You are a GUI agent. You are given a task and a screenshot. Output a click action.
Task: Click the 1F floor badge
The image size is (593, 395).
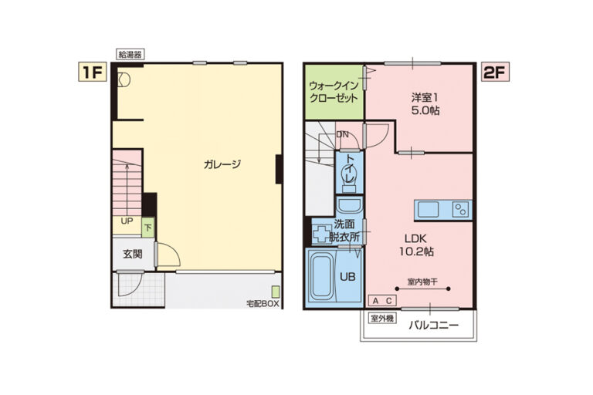[93, 72]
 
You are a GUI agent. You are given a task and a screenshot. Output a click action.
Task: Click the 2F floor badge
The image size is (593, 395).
[495, 72]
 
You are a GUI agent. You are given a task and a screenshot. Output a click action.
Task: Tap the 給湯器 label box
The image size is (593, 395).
[130, 55]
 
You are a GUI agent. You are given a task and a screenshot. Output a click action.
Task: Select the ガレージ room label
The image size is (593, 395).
[222, 164]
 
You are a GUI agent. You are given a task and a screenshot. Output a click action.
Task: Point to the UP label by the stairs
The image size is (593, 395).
[127, 221]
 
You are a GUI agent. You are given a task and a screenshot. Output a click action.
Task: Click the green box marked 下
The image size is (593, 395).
[148, 228]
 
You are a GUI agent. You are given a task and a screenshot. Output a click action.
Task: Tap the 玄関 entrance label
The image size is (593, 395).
[133, 254]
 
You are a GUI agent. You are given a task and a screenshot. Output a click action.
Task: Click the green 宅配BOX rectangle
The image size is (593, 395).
[276, 292]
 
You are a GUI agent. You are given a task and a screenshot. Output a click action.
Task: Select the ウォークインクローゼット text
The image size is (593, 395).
[334, 92]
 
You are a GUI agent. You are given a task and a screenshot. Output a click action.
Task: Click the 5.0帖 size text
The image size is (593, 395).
[425, 111]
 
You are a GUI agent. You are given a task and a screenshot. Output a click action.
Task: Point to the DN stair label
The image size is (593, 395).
[342, 134]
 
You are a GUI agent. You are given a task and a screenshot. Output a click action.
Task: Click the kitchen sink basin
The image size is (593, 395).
[429, 210]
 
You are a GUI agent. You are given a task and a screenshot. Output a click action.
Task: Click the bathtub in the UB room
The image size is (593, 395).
[321, 276]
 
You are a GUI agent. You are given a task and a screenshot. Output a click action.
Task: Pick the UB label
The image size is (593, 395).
[347, 277]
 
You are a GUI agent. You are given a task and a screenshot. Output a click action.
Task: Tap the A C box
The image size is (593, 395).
[382, 301]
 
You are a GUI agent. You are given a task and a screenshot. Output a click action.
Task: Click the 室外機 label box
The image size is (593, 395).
[382, 319]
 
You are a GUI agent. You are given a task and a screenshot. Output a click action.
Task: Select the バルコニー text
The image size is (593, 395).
[433, 326]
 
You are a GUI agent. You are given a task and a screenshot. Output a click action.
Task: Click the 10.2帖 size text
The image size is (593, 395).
[416, 252]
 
